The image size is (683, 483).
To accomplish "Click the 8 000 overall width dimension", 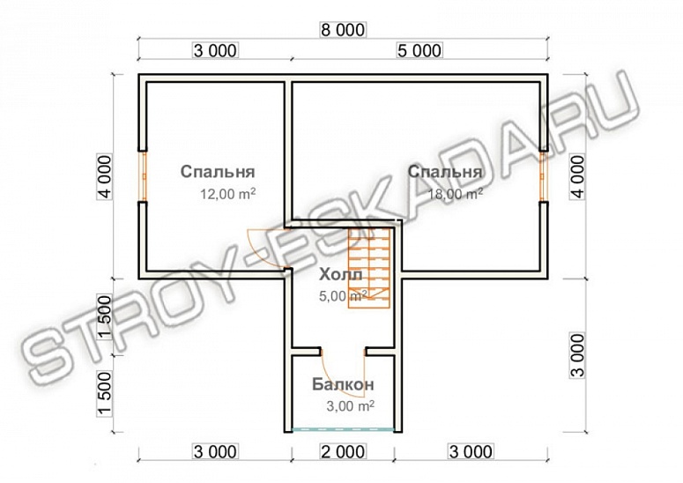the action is [343, 30].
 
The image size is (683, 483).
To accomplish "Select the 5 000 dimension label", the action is [419, 50].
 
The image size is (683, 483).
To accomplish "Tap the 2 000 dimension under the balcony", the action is [343, 451].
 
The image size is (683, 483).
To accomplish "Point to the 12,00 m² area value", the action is [227, 193].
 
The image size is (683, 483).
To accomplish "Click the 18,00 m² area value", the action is [456, 193].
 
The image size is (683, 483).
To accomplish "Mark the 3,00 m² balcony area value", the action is [351, 406].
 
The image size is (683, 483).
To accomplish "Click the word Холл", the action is [341, 275].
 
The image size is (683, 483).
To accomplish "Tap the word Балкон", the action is [343, 384].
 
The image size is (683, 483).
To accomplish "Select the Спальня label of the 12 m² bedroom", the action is [218, 172].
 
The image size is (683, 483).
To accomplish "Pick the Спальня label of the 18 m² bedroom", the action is [445, 172].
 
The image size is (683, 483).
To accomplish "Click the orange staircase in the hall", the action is [368, 268].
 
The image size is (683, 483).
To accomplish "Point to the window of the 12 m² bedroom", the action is [143, 176].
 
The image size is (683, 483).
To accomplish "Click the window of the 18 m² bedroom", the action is [544, 176].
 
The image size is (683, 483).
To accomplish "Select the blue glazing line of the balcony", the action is [343, 429].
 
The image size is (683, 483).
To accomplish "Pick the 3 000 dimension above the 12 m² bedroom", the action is [216, 50].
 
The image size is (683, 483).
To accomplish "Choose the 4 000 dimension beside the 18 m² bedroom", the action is [578, 176].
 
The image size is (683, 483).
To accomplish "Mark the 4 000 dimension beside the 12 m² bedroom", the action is [105, 176].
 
